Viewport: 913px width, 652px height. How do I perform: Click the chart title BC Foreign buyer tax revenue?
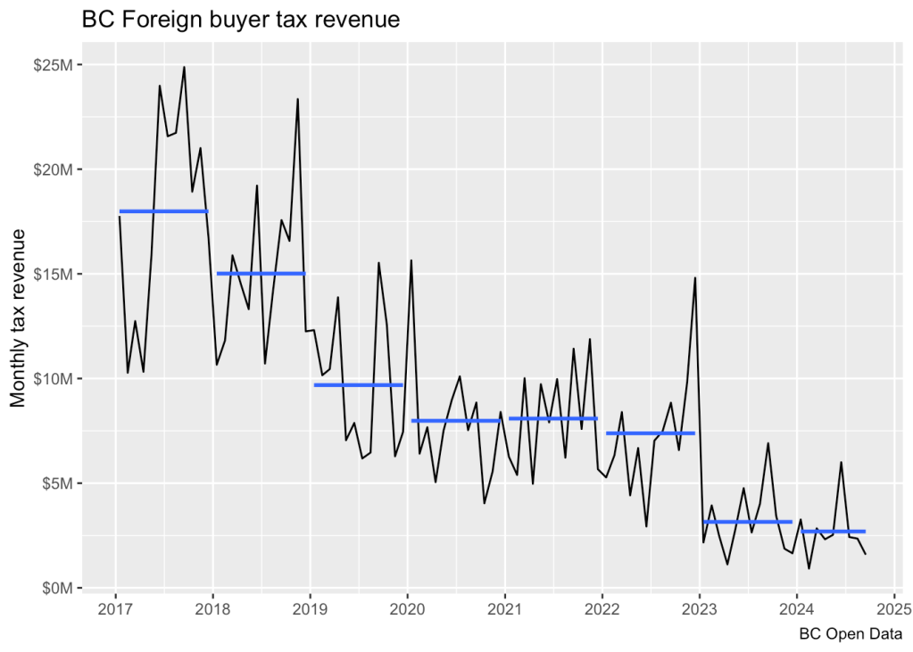240,19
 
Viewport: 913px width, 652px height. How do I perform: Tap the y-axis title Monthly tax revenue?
19,318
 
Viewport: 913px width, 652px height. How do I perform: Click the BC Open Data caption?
850,635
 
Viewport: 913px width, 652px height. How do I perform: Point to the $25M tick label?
54,65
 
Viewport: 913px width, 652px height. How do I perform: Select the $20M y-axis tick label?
54,169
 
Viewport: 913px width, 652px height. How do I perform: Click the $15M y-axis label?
54,274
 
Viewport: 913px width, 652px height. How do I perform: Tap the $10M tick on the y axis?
54,378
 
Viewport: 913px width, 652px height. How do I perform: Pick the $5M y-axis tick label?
58,483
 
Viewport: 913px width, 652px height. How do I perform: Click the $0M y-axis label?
58,588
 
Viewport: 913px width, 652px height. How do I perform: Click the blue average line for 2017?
163,211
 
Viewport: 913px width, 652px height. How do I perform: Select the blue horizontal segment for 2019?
358,384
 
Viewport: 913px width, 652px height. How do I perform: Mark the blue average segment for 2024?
833,532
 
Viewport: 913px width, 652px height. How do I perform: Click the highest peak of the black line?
184,67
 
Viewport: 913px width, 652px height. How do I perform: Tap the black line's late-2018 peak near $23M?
298,99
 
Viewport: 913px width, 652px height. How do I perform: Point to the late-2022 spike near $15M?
694,278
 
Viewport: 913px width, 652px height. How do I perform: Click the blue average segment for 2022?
650,433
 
